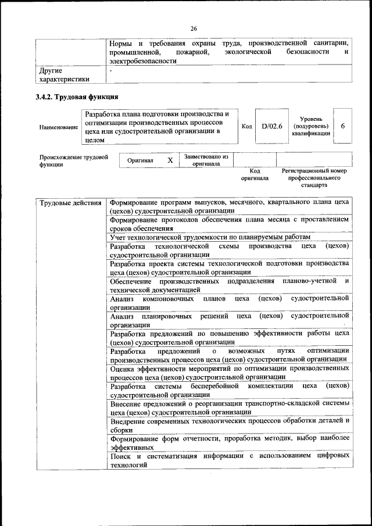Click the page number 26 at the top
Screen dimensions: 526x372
tap(194, 28)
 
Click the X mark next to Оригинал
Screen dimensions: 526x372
tap(170, 160)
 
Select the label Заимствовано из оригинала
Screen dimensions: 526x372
tap(206, 160)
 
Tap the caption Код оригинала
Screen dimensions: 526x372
tap(255, 174)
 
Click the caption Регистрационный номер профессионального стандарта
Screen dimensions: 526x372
tap(314, 178)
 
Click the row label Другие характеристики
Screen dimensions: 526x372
tap(64, 74)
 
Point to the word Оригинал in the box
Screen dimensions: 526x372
tap(140, 160)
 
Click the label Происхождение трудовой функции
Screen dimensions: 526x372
tap(74, 160)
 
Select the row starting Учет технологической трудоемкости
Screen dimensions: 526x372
tap(210, 237)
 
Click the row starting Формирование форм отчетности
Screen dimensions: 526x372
tap(230, 443)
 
